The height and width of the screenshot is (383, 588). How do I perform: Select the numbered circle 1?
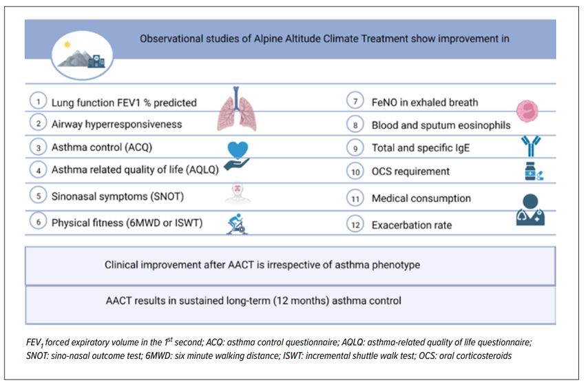click(x=39, y=101)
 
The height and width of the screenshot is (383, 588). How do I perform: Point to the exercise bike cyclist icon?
click(x=237, y=224)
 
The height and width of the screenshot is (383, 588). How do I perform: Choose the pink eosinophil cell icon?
click(x=527, y=111)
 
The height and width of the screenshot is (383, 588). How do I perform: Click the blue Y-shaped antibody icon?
click(x=531, y=146)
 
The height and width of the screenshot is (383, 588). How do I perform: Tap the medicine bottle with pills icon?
click(x=534, y=172)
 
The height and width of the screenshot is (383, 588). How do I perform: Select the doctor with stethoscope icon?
click(x=530, y=209)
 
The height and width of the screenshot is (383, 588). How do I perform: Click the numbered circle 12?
click(x=355, y=225)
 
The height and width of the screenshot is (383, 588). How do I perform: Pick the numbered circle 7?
click(x=355, y=101)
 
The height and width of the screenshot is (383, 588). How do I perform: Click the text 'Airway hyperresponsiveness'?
click(x=116, y=124)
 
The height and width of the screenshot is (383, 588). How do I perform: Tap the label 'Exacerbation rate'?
click(x=412, y=225)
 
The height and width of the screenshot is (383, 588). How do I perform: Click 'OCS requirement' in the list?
click(x=410, y=172)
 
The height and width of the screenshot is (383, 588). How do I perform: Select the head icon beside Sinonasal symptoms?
click(x=238, y=193)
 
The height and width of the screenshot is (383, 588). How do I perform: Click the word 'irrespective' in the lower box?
click(x=293, y=265)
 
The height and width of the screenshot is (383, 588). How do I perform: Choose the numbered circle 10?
click(x=355, y=172)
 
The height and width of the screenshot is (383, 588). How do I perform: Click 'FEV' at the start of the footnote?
click(x=34, y=343)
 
